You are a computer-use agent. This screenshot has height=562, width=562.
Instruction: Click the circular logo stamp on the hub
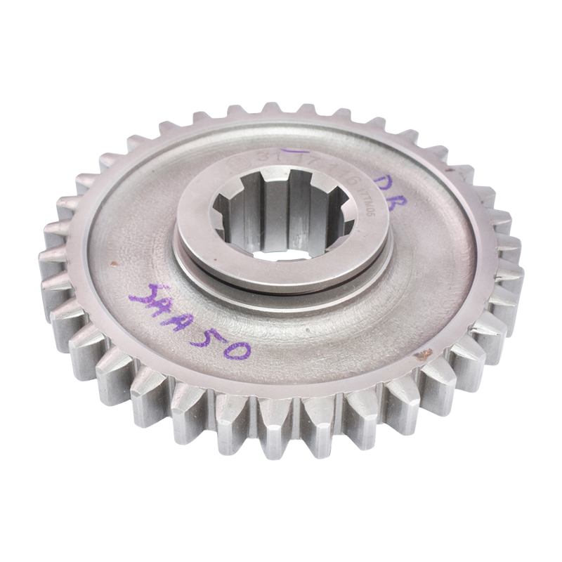[x=237, y=168]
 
